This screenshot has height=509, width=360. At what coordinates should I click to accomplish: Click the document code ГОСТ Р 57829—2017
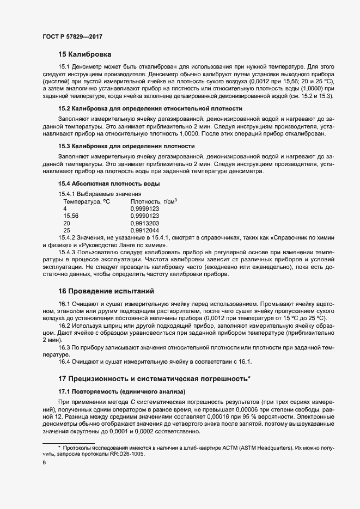(x=72, y=36)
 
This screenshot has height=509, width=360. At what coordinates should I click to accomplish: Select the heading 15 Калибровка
(x=84, y=54)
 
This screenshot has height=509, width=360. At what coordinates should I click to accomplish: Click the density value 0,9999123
(x=144, y=208)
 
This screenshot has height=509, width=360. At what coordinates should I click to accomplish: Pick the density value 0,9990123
(x=144, y=216)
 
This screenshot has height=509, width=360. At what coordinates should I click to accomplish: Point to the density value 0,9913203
(x=144, y=223)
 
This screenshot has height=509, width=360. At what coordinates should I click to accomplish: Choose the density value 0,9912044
(x=144, y=230)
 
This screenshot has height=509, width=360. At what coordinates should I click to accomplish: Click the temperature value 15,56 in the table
(x=71, y=216)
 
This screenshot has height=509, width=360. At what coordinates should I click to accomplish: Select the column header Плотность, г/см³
(x=154, y=201)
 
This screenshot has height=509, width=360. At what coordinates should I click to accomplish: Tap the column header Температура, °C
(x=87, y=201)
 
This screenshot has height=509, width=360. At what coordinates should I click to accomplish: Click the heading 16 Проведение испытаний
(x=106, y=291)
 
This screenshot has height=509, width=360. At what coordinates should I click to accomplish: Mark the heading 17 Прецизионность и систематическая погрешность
(x=154, y=378)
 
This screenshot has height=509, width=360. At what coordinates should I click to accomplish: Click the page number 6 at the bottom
(x=44, y=463)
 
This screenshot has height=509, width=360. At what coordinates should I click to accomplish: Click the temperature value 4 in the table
(x=65, y=208)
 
